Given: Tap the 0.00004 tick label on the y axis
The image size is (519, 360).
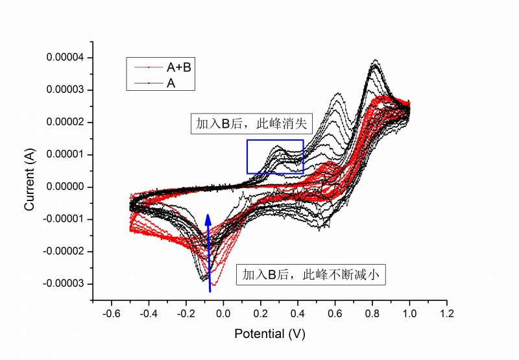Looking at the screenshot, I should pyautogui.click(x=66, y=58).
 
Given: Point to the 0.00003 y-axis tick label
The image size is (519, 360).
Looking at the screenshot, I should pyautogui.click(x=66, y=90).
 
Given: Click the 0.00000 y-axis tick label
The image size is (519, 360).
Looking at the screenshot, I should pyautogui.click(x=66, y=187).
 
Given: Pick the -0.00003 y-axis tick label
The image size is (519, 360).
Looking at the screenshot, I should pyautogui.click(x=64, y=283).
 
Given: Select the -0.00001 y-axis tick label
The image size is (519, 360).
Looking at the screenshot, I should pyautogui.click(x=64, y=219).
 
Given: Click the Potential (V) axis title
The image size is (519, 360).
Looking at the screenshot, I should pyautogui.click(x=269, y=334).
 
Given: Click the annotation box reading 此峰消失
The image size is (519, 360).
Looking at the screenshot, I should pyautogui.click(x=252, y=124).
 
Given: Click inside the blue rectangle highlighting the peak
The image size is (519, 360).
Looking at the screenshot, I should pyautogui.click(x=275, y=156).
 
